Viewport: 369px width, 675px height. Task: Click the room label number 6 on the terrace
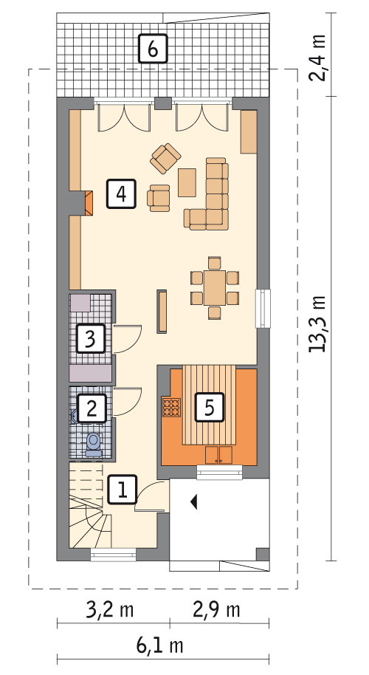[152, 49]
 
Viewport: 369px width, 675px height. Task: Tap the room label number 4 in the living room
[122, 193]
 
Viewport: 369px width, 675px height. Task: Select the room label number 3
[91, 339]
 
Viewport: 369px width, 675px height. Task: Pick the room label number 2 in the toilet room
[92, 408]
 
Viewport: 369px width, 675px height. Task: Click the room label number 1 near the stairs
[123, 490]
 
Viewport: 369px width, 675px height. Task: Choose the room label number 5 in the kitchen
[210, 407]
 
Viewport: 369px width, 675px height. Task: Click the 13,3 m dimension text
[318, 323]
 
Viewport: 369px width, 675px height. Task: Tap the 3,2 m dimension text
[110, 610]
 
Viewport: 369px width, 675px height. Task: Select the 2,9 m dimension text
[216, 610]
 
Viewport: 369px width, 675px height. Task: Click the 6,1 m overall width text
[160, 645]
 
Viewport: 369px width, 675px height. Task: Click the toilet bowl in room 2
[93, 444]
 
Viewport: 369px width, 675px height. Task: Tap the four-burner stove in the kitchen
[171, 407]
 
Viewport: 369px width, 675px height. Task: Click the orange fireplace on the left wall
[89, 203]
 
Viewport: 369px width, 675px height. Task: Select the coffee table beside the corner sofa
[187, 182]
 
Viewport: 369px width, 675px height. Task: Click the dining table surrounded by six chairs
[214, 287]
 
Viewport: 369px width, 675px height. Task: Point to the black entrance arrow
[194, 501]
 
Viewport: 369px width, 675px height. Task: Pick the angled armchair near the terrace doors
[165, 159]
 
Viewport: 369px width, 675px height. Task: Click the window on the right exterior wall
[263, 308]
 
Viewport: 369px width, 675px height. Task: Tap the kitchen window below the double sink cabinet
[219, 472]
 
